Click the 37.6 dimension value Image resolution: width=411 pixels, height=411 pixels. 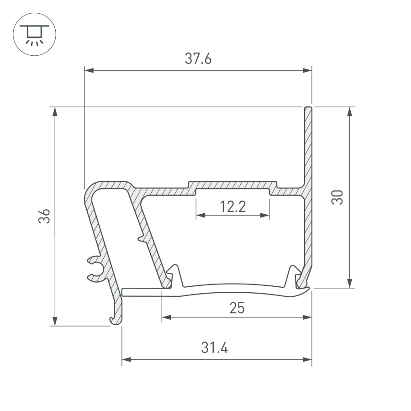pos(198,59)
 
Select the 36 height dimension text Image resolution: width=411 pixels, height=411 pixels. pos(44,216)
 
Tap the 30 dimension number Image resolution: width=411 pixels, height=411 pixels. pos(337,197)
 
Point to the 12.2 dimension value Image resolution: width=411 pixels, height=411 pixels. pos(232,207)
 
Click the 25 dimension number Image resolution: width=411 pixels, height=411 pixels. pos(237,308)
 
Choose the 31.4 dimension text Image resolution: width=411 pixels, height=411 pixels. pos(215,348)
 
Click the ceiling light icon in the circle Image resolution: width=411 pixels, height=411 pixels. pos(35,34)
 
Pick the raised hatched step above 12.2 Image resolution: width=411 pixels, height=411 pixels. pos(233,185)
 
